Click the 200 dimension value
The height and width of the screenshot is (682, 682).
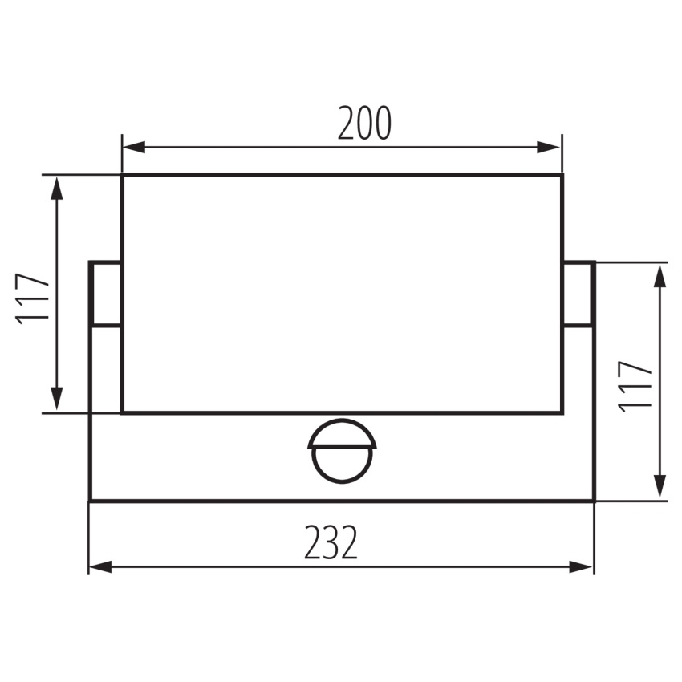(364, 123)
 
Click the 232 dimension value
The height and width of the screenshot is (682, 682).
(331, 542)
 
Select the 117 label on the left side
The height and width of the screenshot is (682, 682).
(32, 298)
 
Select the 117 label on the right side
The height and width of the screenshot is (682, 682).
(635, 387)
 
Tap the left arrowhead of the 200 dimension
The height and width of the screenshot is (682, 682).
(134, 147)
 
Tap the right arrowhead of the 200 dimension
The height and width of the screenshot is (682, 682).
(549, 147)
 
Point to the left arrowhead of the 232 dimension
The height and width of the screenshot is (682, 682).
(100, 566)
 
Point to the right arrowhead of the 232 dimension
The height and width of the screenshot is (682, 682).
(581, 566)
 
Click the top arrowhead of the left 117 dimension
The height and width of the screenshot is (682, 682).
(56, 188)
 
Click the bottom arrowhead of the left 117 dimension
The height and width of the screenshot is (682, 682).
(56, 399)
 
